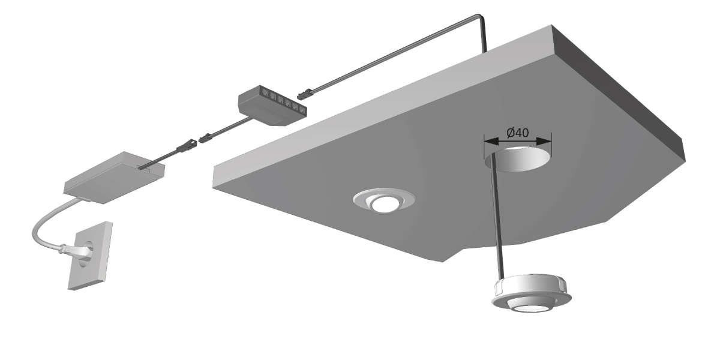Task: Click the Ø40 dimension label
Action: tap(517, 133)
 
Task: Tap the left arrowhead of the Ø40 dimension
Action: tap(492, 141)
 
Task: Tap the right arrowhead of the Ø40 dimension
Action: tap(544, 141)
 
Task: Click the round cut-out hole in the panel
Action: tap(517, 159)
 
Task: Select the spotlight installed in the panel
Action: tap(384, 200)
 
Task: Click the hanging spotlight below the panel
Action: tap(531, 294)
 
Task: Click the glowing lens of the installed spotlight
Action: tap(385, 205)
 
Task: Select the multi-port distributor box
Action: tap(272, 105)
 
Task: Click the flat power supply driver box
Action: tap(114, 178)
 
